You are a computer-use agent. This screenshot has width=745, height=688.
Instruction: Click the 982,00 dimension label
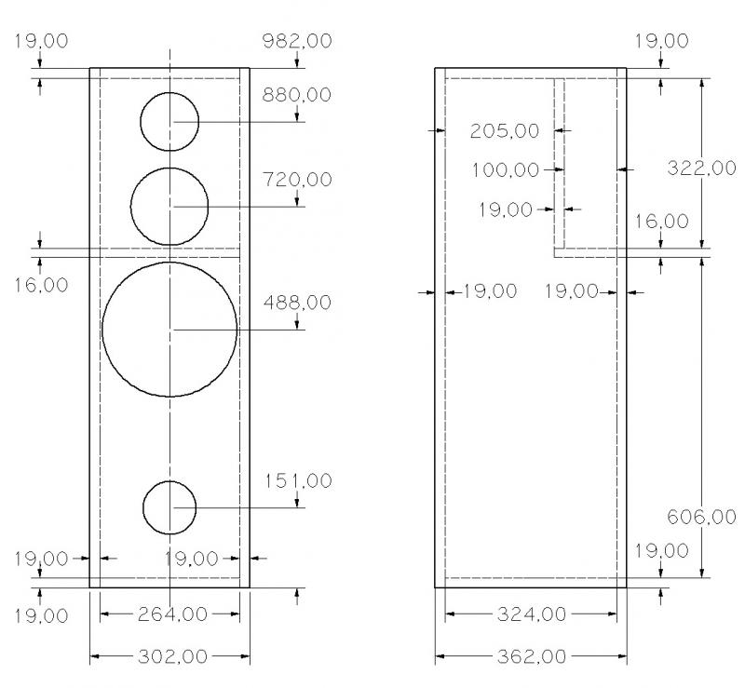(297, 41)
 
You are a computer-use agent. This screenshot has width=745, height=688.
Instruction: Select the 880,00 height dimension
(297, 95)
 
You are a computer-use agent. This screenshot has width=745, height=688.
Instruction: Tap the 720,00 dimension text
(297, 180)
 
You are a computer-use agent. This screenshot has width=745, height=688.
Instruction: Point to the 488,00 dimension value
(297, 303)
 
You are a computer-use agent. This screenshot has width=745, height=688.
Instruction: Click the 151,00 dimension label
(298, 480)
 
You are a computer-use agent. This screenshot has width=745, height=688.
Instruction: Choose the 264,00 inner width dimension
(172, 614)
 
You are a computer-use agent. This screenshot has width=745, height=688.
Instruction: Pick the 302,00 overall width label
(172, 656)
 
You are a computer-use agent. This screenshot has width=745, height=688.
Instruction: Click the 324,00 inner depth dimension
(532, 614)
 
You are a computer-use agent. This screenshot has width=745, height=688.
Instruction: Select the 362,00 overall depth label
(532, 656)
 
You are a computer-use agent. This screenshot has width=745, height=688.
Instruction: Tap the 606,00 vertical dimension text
(701, 517)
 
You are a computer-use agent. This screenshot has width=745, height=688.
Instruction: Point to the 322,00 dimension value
(701, 168)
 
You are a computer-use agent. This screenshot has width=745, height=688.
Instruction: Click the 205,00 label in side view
(505, 130)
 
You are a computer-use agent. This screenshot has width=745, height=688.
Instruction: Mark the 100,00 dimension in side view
(506, 169)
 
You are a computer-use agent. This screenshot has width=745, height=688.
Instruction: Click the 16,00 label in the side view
(662, 221)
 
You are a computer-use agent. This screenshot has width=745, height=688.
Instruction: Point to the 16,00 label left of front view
(41, 285)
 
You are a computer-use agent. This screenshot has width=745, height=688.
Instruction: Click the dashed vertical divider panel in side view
(560, 164)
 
